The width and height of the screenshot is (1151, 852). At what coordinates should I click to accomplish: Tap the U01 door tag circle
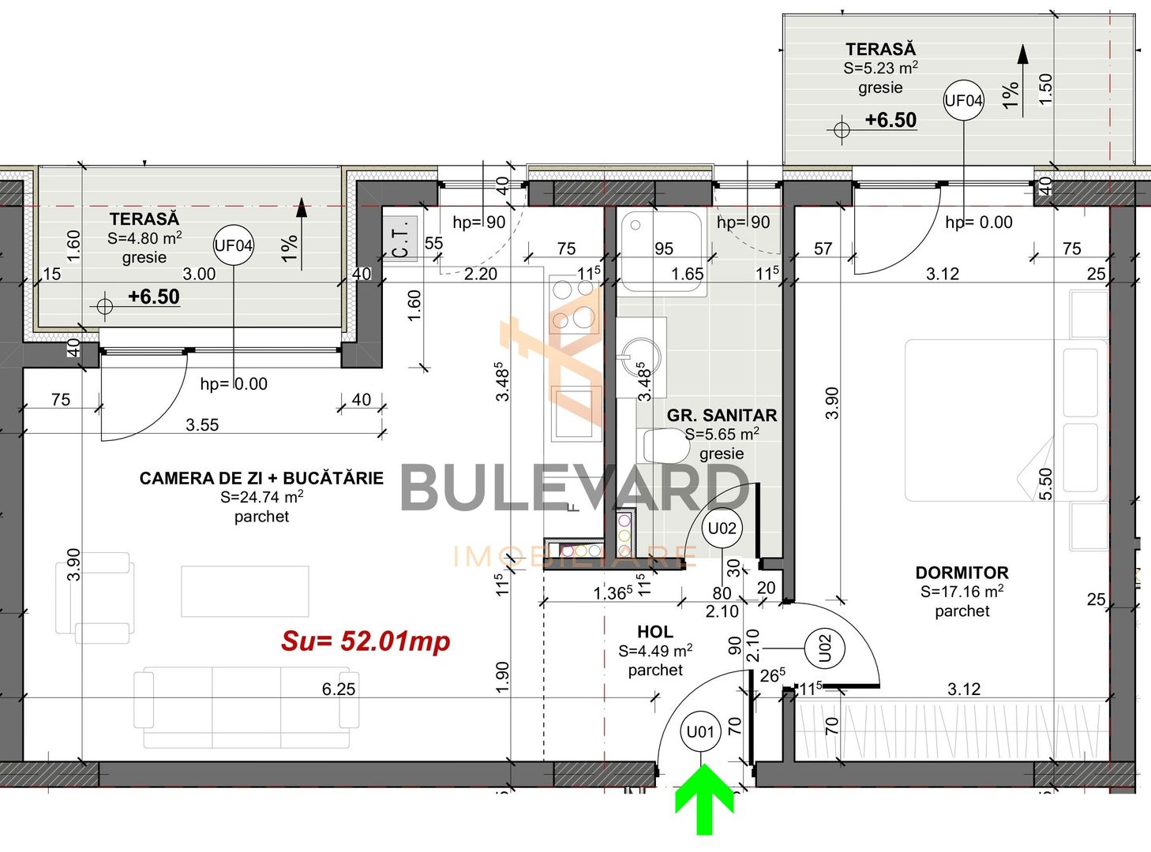[700, 732]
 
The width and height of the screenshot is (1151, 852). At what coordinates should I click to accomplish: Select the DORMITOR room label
[962, 573]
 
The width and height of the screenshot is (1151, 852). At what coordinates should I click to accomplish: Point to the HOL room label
[655, 632]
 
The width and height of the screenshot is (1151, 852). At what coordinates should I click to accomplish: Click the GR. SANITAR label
[722, 416]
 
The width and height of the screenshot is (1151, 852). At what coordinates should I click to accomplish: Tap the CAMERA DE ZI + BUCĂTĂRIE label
[261, 478]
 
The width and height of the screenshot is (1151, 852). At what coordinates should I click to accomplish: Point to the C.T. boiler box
[400, 238]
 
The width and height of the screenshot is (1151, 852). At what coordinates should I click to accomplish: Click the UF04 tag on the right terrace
[964, 101]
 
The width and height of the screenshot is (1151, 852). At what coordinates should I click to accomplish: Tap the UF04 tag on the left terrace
[234, 245]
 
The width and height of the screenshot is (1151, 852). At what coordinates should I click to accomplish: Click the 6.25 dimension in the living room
[339, 689]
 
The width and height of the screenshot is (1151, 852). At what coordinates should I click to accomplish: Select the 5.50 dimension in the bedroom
[1046, 484]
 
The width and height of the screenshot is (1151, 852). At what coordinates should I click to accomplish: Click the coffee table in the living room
[245, 591]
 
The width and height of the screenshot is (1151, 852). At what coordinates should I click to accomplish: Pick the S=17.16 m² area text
[962, 592]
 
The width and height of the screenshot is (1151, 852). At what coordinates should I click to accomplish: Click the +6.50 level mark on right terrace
[890, 121]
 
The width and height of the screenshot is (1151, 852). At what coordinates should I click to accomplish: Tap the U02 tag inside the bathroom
[722, 529]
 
